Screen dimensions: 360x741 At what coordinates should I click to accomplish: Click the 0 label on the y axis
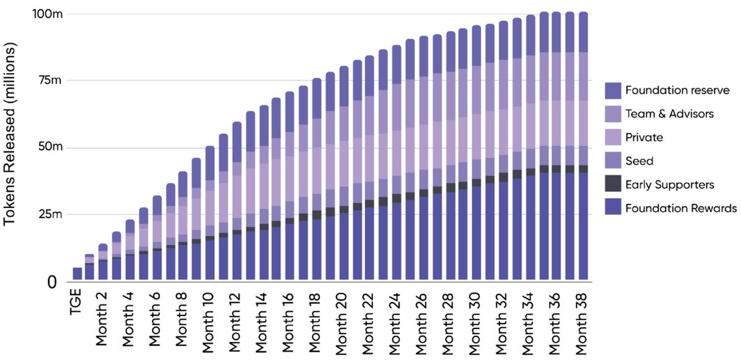pyautogui.click(x=53, y=282)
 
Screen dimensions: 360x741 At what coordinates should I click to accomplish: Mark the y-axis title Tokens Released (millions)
pyautogui.click(x=12, y=148)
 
